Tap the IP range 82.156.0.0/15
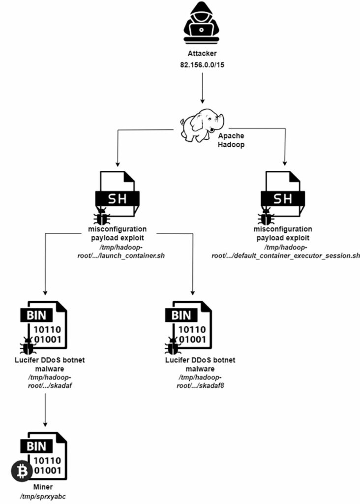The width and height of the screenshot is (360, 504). click(202, 63)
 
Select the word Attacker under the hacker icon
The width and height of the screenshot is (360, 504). click(202, 53)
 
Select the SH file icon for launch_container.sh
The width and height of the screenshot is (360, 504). click(117, 194)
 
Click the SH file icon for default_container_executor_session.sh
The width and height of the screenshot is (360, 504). click(282, 194)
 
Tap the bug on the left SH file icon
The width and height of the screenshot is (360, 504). click(102, 217)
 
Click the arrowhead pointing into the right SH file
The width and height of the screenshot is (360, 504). click(285, 163)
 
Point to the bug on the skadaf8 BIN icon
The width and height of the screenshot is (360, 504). click(172, 348)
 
